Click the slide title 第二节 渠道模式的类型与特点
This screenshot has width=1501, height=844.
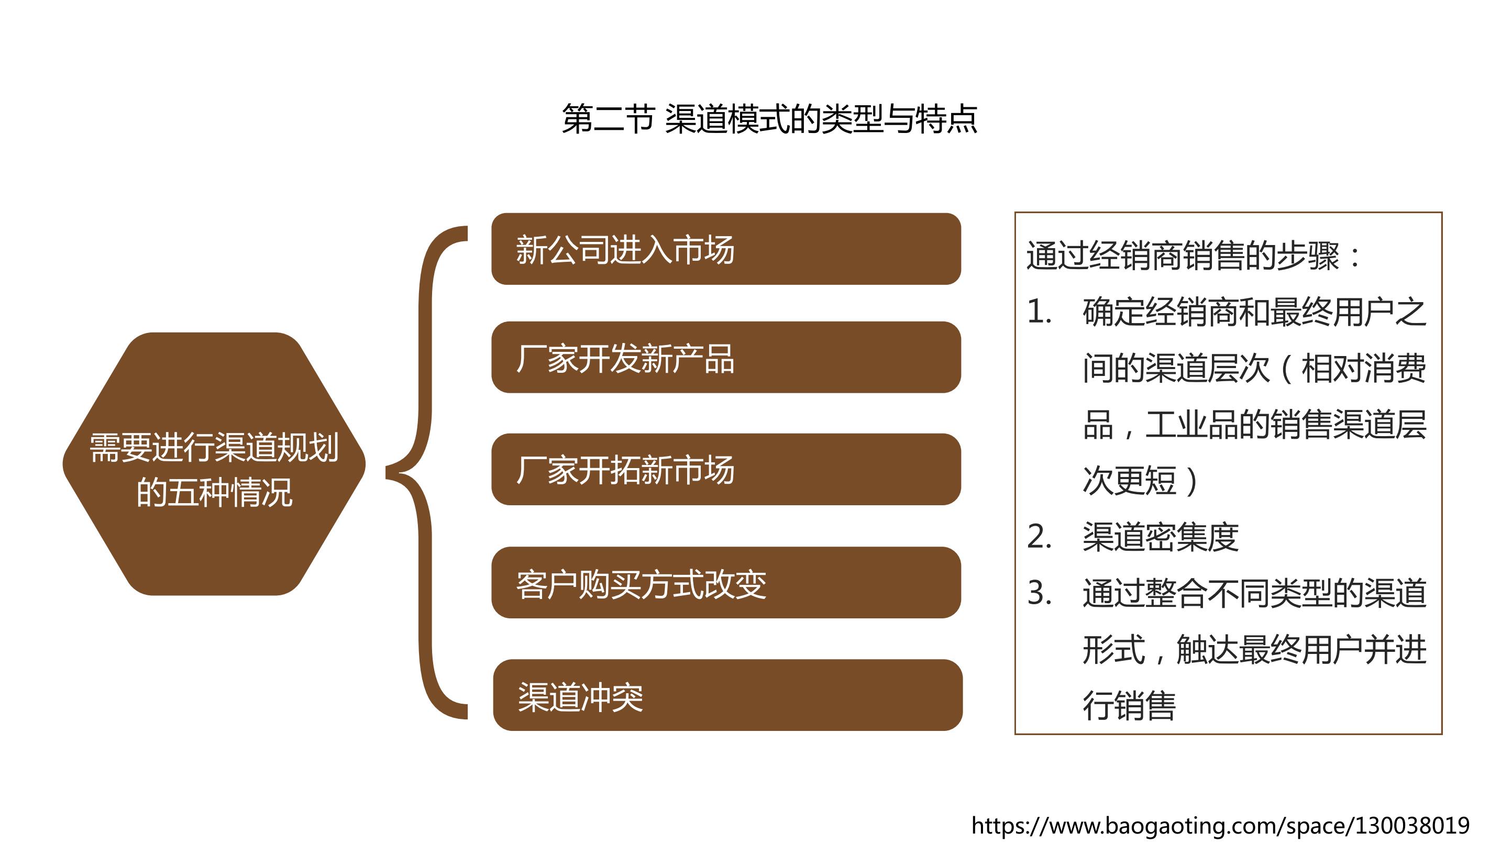[x=769, y=119]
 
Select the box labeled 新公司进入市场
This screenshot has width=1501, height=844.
[x=726, y=249]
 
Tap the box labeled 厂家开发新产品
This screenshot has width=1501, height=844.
[x=726, y=357]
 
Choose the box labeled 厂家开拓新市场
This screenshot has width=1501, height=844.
[x=726, y=469]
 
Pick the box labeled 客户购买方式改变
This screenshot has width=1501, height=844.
[x=726, y=582]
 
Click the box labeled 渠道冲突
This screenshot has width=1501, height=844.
[x=728, y=695]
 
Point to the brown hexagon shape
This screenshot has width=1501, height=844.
[x=214, y=464]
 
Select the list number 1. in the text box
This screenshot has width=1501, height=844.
[x=1039, y=312]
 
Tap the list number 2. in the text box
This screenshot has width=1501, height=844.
[x=1039, y=537]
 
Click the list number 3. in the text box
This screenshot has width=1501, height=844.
[x=1039, y=593]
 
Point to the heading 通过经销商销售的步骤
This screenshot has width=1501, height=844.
[x=1183, y=256]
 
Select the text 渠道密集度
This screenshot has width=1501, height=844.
[x=1161, y=537]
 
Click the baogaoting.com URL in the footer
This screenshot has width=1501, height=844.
[x=1221, y=825]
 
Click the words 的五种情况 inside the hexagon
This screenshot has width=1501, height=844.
[x=214, y=492]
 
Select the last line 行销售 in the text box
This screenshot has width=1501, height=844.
[x=1129, y=705]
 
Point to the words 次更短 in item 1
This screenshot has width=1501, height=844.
[x=1129, y=481]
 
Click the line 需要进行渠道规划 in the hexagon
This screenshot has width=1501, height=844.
[x=214, y=447]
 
